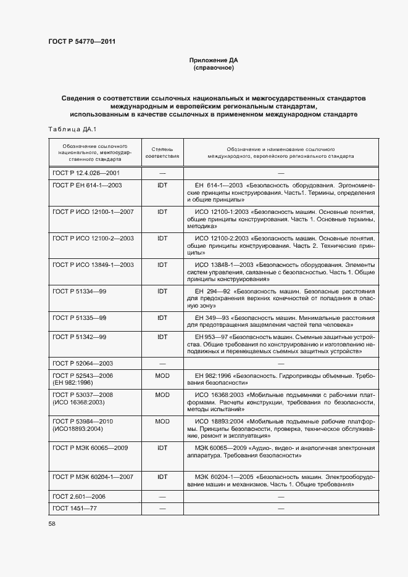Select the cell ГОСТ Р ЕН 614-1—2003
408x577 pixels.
click(87, 185)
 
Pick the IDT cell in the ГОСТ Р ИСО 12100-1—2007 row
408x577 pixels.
click(162, 211)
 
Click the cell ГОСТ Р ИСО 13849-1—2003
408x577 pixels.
click(93, 264)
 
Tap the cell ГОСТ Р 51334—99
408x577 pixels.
click(80, 291)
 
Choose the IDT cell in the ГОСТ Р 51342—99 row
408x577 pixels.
click(162, 337)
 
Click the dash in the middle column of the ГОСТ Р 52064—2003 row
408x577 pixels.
click(162, 363)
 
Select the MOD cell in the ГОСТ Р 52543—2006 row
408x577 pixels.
click(162, 375)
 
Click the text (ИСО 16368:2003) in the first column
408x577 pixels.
click(79, 402)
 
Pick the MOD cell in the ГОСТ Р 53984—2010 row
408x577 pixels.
click(162, 421)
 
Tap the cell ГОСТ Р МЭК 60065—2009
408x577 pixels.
click(90, 448)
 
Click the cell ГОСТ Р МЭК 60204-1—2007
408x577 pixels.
click(93, 477)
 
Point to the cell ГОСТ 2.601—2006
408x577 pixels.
click(78, 496)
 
